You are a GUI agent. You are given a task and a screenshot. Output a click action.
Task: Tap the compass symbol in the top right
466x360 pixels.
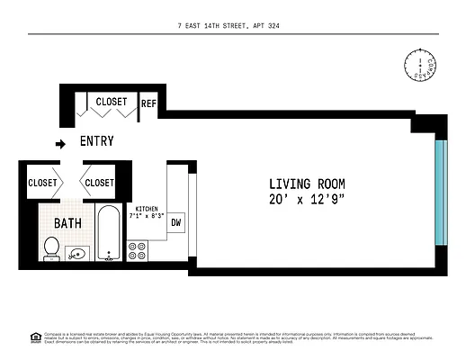point(419,65)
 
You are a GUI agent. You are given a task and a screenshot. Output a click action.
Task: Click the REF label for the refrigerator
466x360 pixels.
point(148,103)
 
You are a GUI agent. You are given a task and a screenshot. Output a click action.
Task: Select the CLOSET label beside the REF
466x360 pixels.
point(112,102)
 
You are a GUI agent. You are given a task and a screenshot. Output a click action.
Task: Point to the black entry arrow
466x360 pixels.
point(61,143)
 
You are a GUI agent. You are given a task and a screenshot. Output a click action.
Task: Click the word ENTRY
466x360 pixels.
point(97,142)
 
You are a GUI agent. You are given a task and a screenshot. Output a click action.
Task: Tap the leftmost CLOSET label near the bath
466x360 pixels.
point(42,183)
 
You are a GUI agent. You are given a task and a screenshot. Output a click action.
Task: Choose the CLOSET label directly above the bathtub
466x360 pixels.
point(99,183)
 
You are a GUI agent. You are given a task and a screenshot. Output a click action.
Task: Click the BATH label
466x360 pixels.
point(67,222)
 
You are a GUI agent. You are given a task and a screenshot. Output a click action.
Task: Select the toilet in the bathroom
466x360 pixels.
point(51,246)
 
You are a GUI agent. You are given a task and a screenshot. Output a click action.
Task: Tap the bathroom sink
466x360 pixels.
point(79,253)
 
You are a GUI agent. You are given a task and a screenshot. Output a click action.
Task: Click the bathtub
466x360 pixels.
point(109,233)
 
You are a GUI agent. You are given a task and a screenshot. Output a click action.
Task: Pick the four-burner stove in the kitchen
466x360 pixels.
point(138,250)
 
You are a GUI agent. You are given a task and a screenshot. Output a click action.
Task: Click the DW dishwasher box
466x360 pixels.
point(176,222)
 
